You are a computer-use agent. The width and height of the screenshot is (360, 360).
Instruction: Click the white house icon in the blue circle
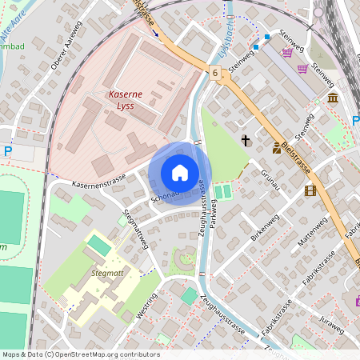point(180,173)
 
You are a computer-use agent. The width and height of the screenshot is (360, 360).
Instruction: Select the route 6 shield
point(215,73)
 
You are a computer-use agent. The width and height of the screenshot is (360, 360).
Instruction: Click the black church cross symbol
point(246,141)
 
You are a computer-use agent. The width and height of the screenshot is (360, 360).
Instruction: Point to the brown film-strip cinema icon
point(310,190)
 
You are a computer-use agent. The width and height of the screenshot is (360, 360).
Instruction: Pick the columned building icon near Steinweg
point(332,98)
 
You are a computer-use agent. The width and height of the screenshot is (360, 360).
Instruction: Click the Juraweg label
point(330,322)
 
